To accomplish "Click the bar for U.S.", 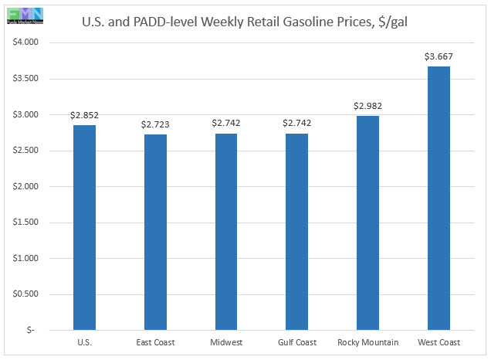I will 84,227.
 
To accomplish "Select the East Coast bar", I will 155,232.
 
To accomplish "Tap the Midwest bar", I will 226,231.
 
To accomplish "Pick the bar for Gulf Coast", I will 296,231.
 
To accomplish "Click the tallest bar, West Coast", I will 439,198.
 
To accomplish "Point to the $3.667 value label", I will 439,56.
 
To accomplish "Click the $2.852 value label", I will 84,115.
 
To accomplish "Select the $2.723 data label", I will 155,124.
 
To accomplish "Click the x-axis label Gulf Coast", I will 296,341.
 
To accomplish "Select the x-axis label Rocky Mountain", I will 367,341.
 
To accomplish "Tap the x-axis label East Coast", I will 155,341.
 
